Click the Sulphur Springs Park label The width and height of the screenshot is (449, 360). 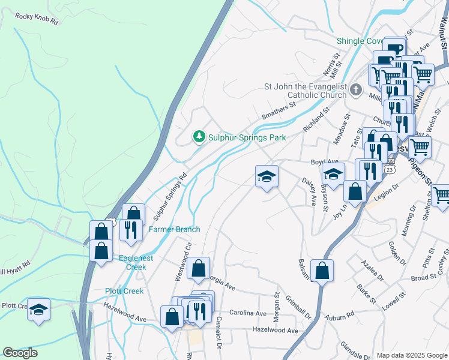pyautogui.click(x=246, y=137)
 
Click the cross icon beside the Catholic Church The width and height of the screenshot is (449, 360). pyautogui.click(x=356, y=91)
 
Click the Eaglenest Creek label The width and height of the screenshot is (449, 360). pyautogui.click(x=133, y=263)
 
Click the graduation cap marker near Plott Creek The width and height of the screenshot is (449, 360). pyautogui.click(x=39, y=310)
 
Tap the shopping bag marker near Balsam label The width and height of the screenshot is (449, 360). pyautogui.click(x=322, y=271)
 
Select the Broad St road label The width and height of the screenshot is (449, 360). pyautogui.click(x=424, y=278)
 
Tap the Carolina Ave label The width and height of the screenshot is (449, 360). pyautogui.click(x=252, y=314)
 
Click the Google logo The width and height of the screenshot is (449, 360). pyautogui.click(x=20, y=353)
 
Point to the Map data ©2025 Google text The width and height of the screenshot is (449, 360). pyautogui.click(x=412, y=355)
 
